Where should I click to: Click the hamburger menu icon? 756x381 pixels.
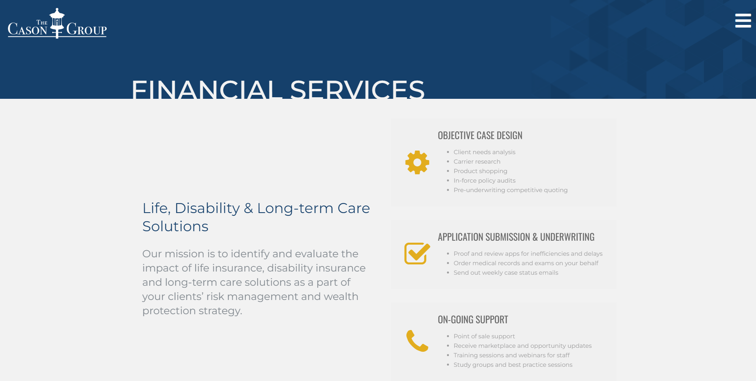tap(743, 21)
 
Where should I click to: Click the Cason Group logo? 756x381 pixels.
tap(57, 23)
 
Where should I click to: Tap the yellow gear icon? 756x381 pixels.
tap(417, 162)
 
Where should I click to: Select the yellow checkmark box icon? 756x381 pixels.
tap(417, 253)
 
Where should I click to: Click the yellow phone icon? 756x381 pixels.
tap(417, 341)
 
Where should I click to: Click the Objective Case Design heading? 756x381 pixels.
tap(480, 136)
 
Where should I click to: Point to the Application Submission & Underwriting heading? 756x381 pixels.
tap(516, 237)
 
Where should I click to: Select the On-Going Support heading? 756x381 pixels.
tap(473, 320)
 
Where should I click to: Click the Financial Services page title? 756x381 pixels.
tap(278, 89)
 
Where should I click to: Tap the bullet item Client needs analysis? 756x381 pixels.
tap(485, 152)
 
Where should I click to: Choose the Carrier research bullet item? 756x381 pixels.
tap(477, 162)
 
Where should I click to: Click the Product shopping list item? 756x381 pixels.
tap(481, 171)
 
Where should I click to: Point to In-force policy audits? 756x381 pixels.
tap(485, 181)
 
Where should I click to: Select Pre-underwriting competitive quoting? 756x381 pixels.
tap(511, 190)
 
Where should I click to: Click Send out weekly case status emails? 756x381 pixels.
tap(506, 273)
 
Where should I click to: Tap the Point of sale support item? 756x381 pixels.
tap(484, 336)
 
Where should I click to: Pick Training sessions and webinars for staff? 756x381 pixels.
tap(512, 355)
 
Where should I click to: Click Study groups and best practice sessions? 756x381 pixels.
tap(513, 365)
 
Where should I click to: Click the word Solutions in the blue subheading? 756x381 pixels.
tap(175, 226)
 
